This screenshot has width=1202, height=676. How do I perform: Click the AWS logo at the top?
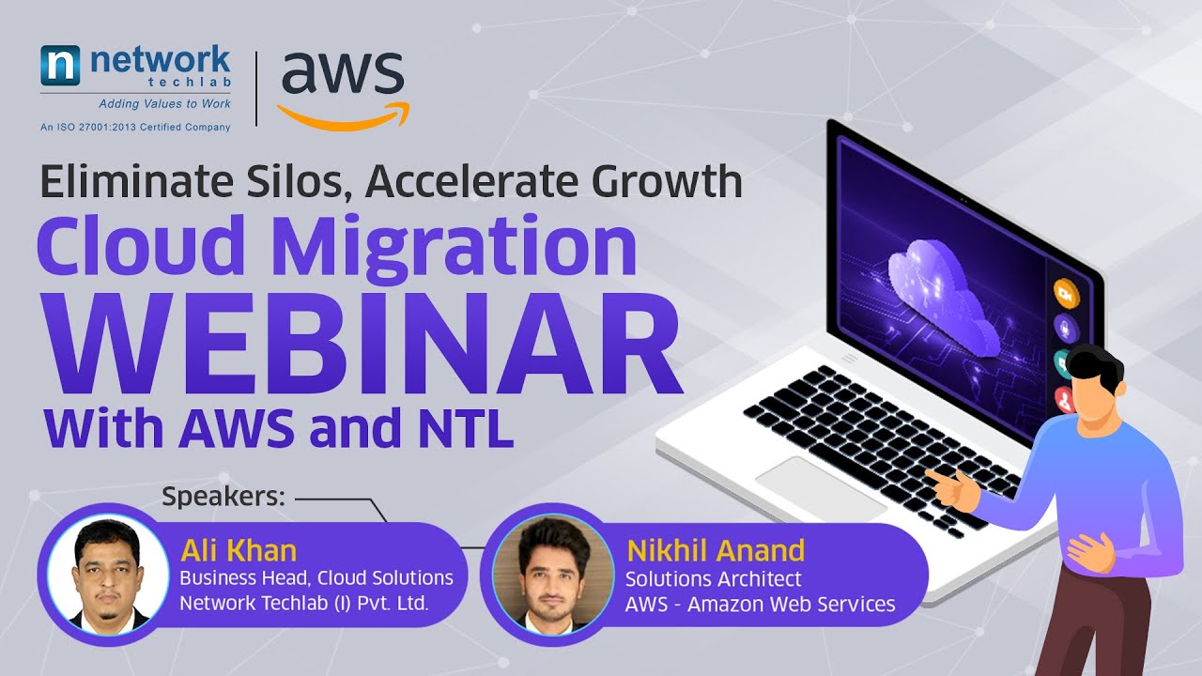pyautogui.click(x=342, y=86)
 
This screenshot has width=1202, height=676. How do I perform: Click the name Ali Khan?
pyautogui.click(x=239, y=549)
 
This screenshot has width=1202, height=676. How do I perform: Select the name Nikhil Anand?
pyautogui.click(x=715, y=549)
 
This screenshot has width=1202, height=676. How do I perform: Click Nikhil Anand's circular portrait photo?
pyautogui.click(x=540, y=573)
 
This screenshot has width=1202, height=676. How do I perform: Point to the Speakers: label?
pyautogui.click(x=223, y=497)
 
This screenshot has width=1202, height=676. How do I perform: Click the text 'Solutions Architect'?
pyautogui.click(x=714, y=579)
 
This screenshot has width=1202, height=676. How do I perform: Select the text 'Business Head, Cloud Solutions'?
pyautogui.click(x=316, y=577)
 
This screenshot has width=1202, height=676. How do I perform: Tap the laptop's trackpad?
pyautogui.click(x=819, y=486)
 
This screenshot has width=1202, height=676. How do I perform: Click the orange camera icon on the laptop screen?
pyautogui.click(x=1066, y=293)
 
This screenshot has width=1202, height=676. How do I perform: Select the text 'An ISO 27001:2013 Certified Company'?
pyautogui.click(x=135, y=127)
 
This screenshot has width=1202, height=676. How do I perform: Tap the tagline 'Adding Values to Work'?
pyautogui.click(x=165, y=104)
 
